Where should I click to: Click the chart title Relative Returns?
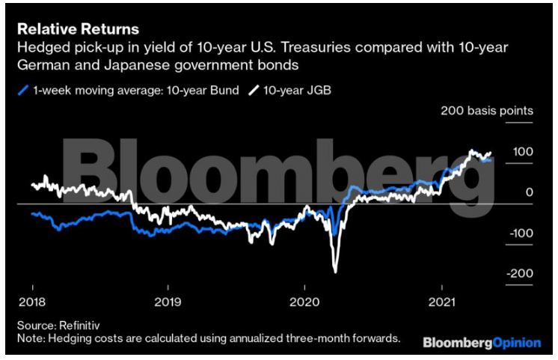click(78, 29)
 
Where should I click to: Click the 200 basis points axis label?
click(487, 111)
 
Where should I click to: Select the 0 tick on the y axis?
click(528, 192)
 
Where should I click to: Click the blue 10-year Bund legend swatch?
click(23, 91)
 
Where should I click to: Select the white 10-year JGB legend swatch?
click(254, 91)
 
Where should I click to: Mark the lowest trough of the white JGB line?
click(336, 271)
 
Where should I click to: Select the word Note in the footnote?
click(30, 338)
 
